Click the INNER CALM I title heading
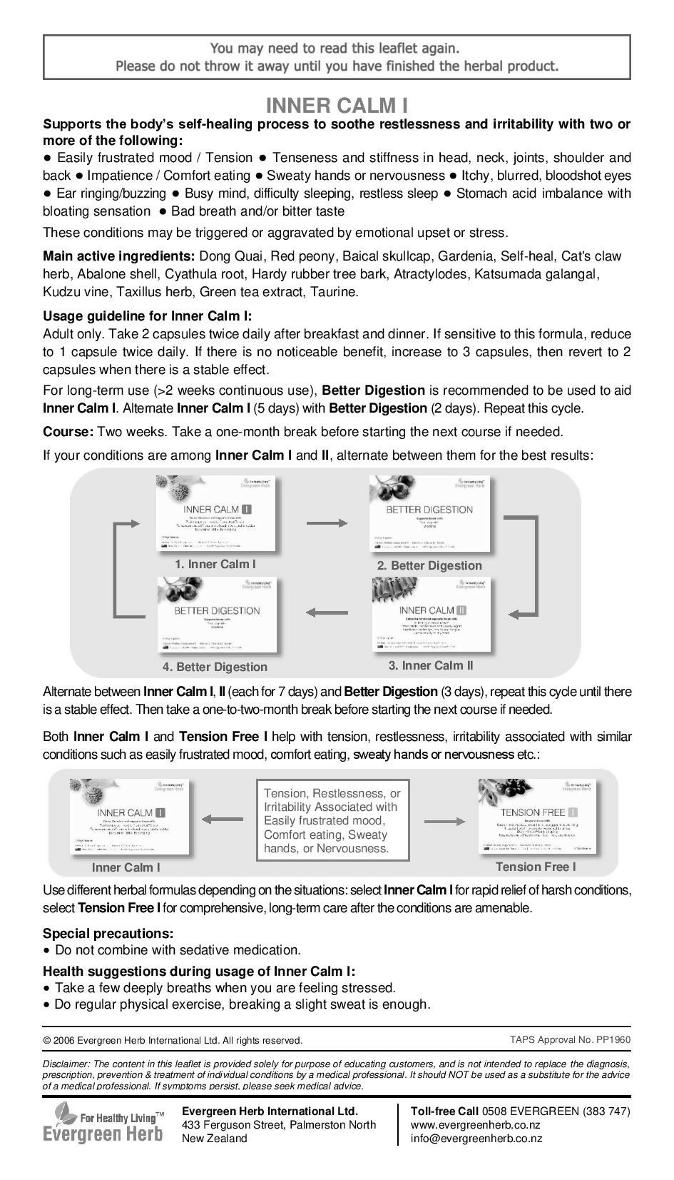[337, 106]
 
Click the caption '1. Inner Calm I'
[215, 564]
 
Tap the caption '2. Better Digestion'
[429, 565]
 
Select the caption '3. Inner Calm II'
[431, 665]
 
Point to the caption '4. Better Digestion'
[215, 667]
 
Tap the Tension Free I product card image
[537, 817]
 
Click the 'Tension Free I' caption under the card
[536, 867]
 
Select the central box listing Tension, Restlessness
[333, 821]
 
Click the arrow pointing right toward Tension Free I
[444, 821]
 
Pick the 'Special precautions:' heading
[108, 933]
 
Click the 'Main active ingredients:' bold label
[119, 256]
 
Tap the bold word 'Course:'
[68, 432]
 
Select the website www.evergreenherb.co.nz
[475, 1125]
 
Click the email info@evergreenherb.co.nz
[476, 1139]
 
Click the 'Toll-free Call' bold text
[444, 1111]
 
